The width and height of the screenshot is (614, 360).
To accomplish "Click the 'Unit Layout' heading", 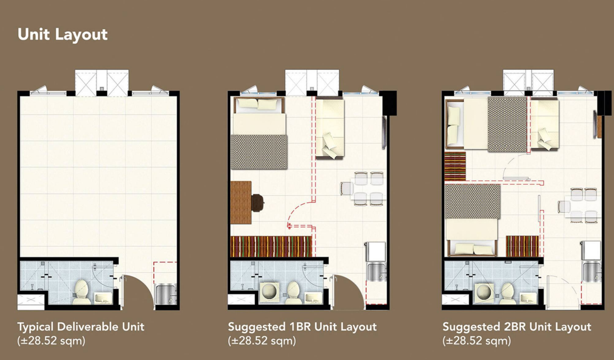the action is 63,35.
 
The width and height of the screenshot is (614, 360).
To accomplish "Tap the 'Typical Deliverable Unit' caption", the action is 80,327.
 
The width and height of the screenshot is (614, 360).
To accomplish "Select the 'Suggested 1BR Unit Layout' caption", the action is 302,327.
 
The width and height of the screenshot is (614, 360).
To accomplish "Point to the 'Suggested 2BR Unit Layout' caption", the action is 517,327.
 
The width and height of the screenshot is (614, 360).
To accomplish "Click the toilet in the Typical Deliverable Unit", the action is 81,291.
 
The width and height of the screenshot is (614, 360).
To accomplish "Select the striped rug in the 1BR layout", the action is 271,246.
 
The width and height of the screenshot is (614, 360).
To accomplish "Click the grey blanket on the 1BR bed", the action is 259,152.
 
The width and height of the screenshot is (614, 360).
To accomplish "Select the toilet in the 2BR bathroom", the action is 507,293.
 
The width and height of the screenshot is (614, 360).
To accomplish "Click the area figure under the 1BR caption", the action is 262,341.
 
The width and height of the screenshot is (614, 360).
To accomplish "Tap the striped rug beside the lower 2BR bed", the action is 522,246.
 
